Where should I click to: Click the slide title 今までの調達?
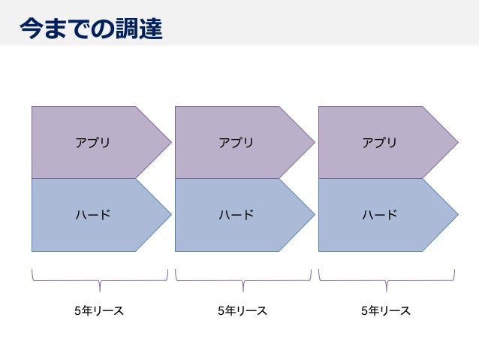[x=90, y=28]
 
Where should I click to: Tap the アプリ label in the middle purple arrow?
[x=236, y=142]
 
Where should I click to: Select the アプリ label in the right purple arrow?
[x=379, y=142]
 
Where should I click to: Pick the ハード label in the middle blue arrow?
[x=236, y=215]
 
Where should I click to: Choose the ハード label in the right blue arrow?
[x=379, y=215]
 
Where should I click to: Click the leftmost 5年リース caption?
[x=99, y=310]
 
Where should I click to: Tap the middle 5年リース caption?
[x=242, y=310]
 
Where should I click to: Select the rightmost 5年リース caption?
[x=385, y=310]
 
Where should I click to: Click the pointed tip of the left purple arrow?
[x=169, y=142]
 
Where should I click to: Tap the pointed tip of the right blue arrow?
[x=456, y=215]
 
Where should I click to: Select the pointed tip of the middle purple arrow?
[x=312, y=142]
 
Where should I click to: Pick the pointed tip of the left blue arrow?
[x=169, y=215]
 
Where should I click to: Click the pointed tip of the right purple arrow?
[x=456, y=142]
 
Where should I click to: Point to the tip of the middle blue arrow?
[x=312, y=215]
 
